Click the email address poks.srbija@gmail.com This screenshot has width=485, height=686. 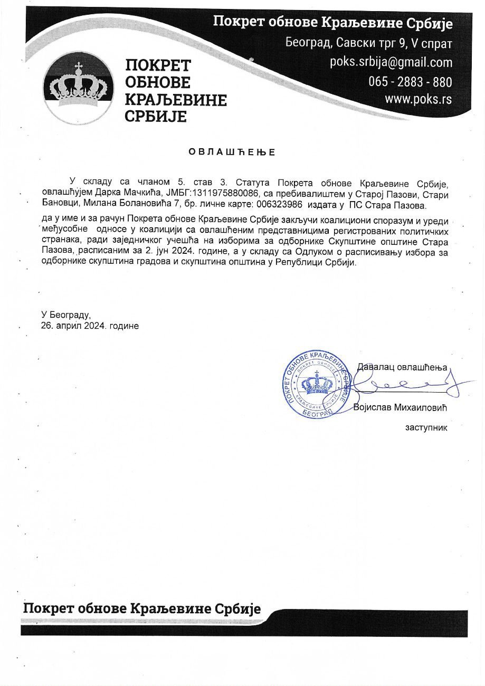pos(391,63)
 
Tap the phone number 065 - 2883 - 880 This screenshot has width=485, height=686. pos(410,82)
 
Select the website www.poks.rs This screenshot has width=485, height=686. pos(418,99)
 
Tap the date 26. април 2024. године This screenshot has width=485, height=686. pos(90,326)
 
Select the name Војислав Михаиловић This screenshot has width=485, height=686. pos(401,408)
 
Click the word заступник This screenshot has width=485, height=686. pos(426,427)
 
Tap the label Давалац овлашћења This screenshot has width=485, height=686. pos(402,367)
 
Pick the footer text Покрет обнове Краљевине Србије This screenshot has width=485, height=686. pos(142,609)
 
